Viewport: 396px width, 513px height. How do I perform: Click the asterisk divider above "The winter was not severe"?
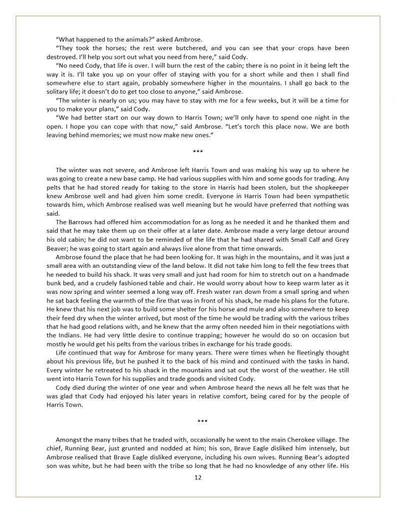(x=198, y=151)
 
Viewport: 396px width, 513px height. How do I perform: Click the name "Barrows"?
(x=82, y=222)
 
